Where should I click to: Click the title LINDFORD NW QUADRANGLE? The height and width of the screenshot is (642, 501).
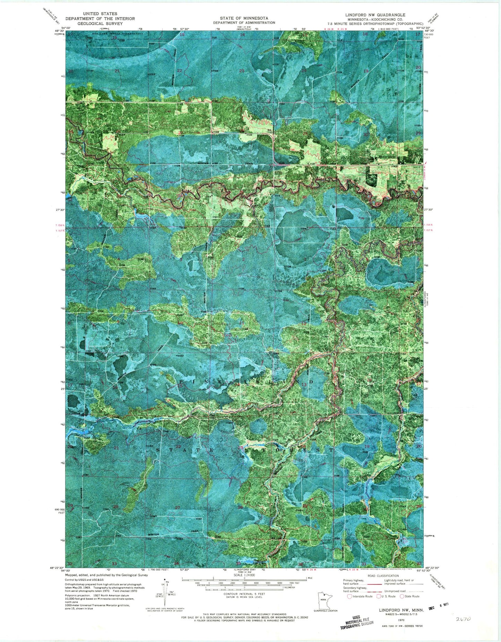[x=375, y=15]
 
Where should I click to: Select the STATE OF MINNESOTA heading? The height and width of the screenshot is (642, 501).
[x=244, y=18]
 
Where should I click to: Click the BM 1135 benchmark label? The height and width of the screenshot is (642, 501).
[x=269, y=131]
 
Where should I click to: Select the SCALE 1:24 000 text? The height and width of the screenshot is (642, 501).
[x=244, y=575]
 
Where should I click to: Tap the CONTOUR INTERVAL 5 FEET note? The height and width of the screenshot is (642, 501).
[x=244, y=594]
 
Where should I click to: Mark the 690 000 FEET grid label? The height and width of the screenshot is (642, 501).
[x=58, y=512]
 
